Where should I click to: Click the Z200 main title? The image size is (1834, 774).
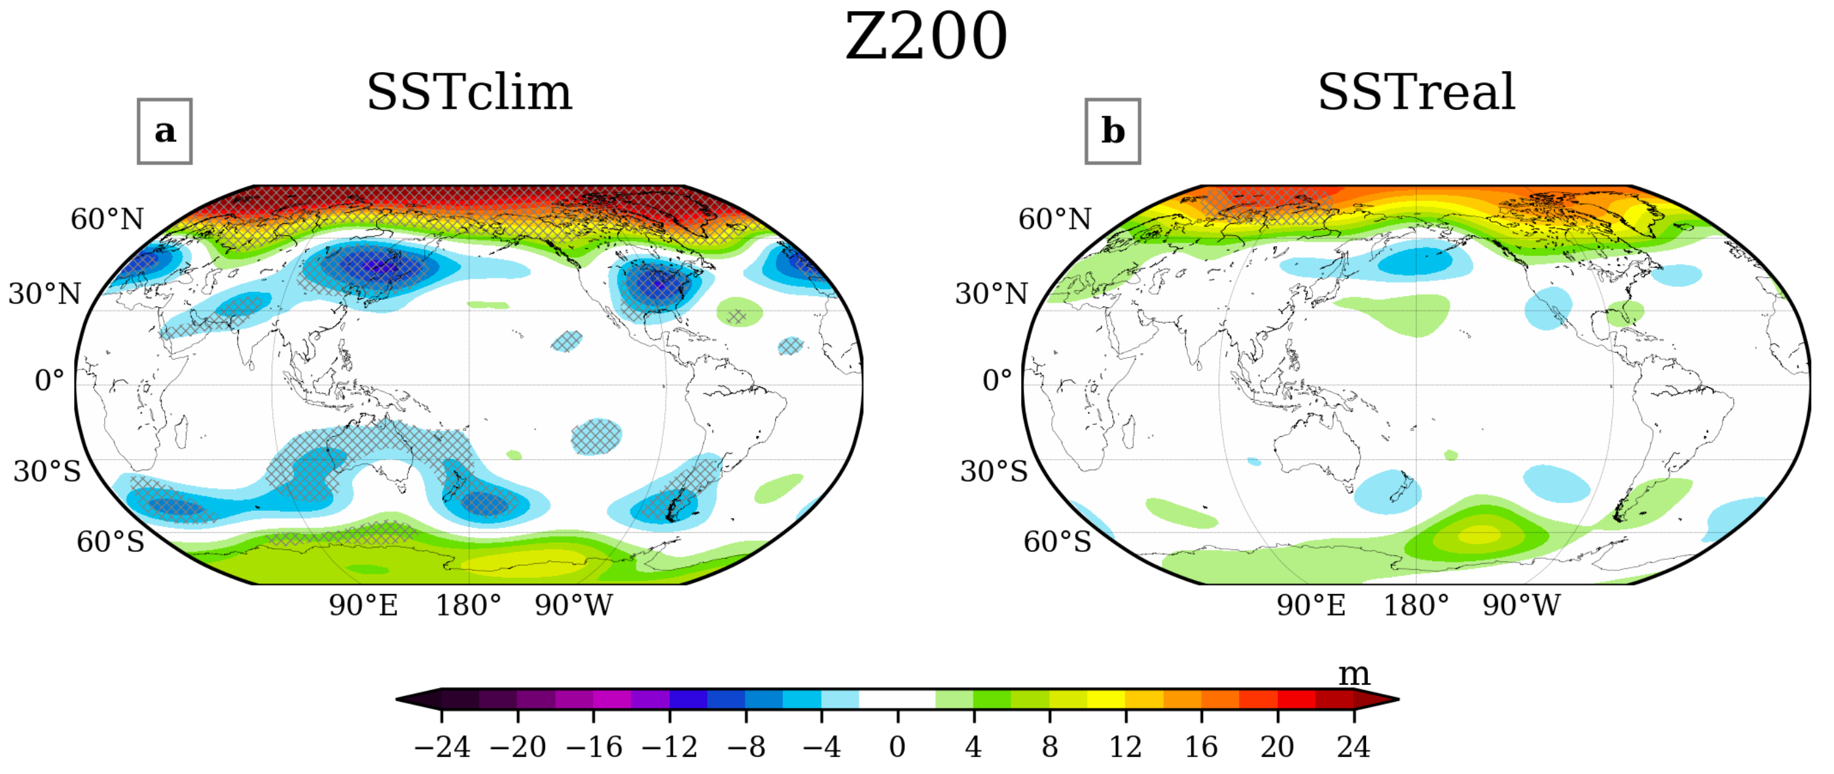pos(926,37)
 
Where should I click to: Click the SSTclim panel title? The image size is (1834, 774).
pos(469,92)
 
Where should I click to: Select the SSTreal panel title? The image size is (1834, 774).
pos(1417,92)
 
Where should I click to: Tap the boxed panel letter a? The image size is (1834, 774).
pos(164,132)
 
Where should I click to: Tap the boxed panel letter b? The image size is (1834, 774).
pos(1113,132)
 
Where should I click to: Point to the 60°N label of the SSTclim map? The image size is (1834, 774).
pos(107,219)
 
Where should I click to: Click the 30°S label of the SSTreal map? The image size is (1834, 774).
pos(994,471)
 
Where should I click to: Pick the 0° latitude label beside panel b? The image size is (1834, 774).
pos(997,380)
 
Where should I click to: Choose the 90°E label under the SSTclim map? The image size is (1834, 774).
pos(363,606)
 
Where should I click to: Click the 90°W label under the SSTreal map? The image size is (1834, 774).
pos(1521,606)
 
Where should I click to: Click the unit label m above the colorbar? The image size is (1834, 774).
pos(1354,674)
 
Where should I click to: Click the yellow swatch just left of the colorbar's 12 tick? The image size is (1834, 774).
pos(1106,699)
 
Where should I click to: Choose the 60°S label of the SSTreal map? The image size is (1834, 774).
pos(1057,543)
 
